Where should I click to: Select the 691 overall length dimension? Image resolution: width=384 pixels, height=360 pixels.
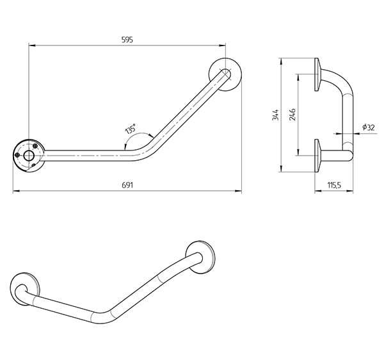126,184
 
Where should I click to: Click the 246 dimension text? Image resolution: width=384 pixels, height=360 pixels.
292,115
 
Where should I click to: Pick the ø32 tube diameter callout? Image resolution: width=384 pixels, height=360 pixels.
368,127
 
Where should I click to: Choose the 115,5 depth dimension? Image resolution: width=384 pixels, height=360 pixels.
332,184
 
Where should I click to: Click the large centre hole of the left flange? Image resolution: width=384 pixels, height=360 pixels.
29,154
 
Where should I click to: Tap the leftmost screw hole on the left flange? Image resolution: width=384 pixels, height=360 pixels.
18,154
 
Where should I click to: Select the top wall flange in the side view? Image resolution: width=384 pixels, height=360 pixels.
317,74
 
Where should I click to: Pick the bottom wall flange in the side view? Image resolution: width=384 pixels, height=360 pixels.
317,156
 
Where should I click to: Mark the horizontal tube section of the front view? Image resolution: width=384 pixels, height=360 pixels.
83,154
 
